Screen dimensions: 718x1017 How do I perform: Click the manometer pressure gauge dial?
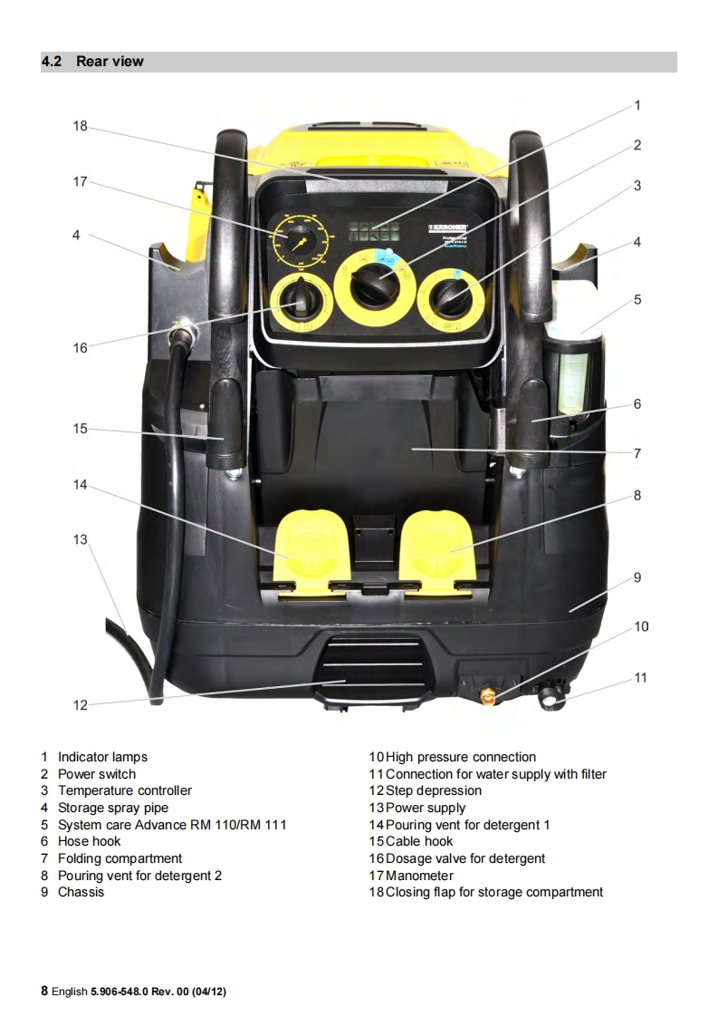297,242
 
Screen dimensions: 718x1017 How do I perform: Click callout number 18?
81,126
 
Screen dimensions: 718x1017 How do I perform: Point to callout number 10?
641,626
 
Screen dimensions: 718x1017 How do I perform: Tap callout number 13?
81,539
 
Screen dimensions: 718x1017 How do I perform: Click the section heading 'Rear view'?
110,62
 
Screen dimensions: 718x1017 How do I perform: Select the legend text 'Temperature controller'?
125,790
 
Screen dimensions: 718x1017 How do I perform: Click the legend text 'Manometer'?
419,876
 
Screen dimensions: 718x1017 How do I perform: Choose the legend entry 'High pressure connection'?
461,757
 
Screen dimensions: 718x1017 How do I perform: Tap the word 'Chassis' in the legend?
81,892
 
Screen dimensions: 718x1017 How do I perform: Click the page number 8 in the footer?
43,991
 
